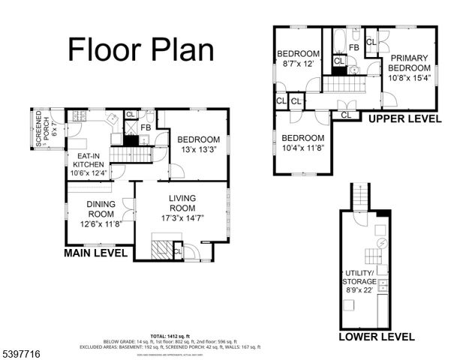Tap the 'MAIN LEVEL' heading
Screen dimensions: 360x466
(x=99, y=253)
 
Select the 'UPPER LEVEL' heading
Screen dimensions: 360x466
(x=404, y=119)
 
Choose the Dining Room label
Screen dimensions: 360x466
(x=101, y=208)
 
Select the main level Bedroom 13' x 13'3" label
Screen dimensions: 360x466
(x=198, y=144)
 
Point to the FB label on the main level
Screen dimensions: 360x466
(x=145, y=127)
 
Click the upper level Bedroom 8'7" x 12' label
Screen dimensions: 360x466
(x=299, y=58)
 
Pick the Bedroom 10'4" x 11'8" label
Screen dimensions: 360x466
(x=302, y=143)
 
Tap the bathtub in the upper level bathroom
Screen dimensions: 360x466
(x=338, y=38)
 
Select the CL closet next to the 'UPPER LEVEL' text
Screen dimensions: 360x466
(x=346, y=115)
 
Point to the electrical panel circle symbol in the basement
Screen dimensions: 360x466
(x=380, y=244)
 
